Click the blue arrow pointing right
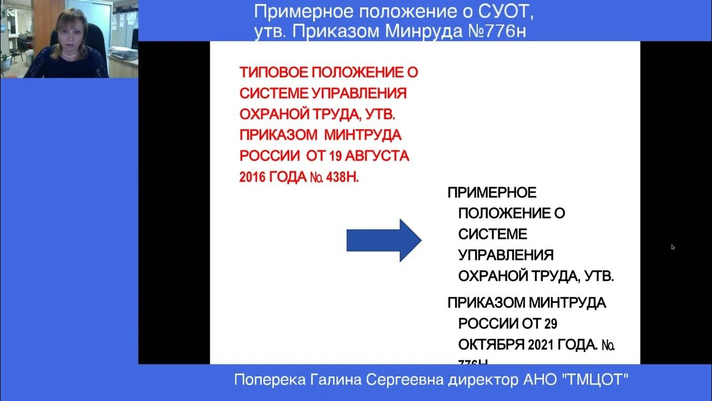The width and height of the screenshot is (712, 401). click(x=384, y=240)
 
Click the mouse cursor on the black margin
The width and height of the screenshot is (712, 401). click(x=673, y=247)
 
